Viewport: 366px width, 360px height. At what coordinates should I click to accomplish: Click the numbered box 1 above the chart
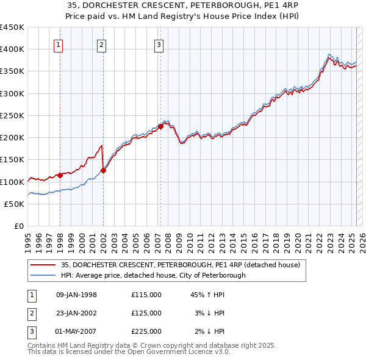tap(58, 44)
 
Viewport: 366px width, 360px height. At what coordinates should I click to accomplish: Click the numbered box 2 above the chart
tap(101, 44)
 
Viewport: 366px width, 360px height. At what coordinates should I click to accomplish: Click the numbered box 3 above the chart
tap(159, 44)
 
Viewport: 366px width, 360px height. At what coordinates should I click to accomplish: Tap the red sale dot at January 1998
tap(60, 175)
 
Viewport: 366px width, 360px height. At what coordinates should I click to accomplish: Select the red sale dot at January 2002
tap(104, 171)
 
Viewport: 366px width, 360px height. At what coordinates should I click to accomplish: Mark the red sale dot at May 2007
tap(160, 127)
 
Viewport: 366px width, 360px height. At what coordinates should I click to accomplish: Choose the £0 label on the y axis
tap(18, 226)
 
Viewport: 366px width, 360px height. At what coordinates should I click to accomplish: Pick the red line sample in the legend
tap(43, 265)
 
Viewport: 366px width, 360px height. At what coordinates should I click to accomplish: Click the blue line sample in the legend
tap(43, 275)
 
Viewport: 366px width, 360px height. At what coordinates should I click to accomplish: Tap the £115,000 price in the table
tap(146, 295)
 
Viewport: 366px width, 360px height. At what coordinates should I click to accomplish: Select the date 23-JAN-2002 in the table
tap(76, 313)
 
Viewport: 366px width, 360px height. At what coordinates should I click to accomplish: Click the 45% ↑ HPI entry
tap(208, 295)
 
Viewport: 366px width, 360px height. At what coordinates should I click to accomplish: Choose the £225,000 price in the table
tap(146, 331)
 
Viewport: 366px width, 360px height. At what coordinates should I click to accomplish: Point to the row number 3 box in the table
tap(30, 331)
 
